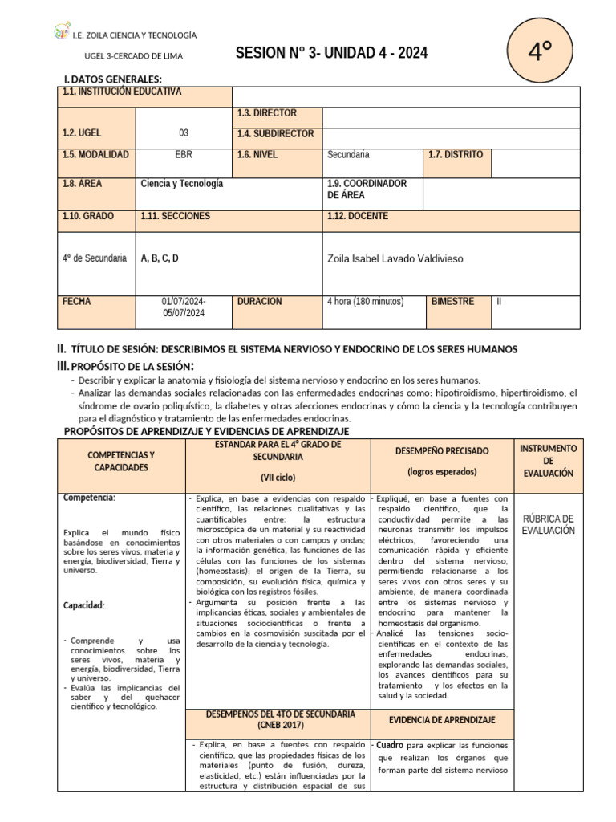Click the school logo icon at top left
[x=62, y=33]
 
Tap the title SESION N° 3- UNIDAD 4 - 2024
[x=331, y=54]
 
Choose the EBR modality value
[x=184, y=154]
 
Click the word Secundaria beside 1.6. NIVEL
[x=349, y=154]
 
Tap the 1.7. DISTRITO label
[x=456, y=154]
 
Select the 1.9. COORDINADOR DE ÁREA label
[x=367, y=189]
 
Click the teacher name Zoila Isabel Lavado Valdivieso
[x=395, y=258]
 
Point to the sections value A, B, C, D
[x=160, y=258]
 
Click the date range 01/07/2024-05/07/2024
[x=184, y=307]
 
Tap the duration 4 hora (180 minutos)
[x=365, y=302]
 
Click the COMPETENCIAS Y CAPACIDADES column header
[x=120, y=461]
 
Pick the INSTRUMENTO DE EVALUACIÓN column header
[x=548, y=461]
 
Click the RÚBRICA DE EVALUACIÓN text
[x=548, y=524]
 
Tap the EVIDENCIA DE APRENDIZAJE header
[x=442, y=720]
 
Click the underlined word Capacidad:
[x=86, y=605]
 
